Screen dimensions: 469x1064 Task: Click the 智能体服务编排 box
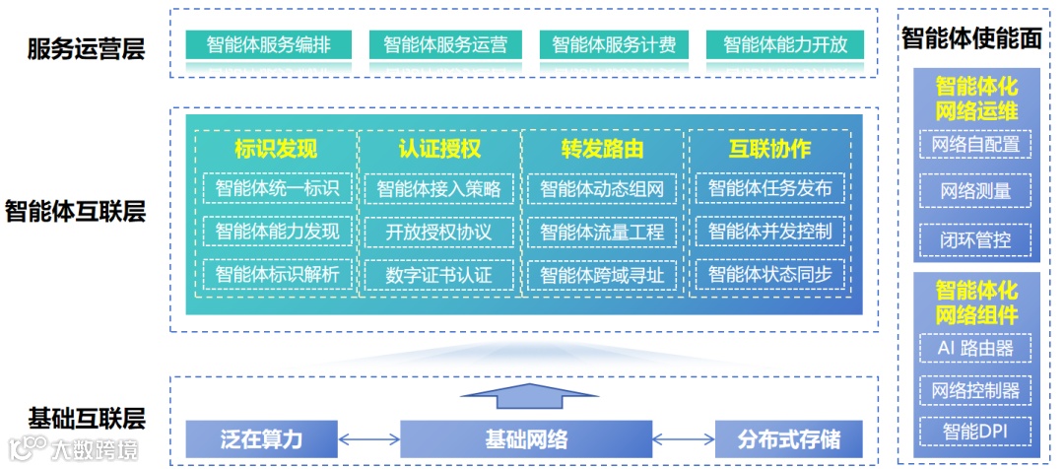pyautogui.click(x=268, y=44)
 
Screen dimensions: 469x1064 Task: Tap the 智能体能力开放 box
pyautogui.click(x=784, y=44)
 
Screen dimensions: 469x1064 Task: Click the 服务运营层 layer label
pyautogui.click(x=87, y=49)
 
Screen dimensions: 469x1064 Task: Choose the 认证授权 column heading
pyautogui.click(x=439, y=150)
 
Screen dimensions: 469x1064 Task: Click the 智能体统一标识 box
pyautogui.click(x=277, y=188)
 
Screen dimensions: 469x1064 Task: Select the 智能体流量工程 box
pyautogui.click(x=602, y=233)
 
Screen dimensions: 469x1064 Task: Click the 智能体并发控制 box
pyautogui.click(x=769, y=233)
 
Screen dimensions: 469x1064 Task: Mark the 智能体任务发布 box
pyautogui.click(x=769, y=188)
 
